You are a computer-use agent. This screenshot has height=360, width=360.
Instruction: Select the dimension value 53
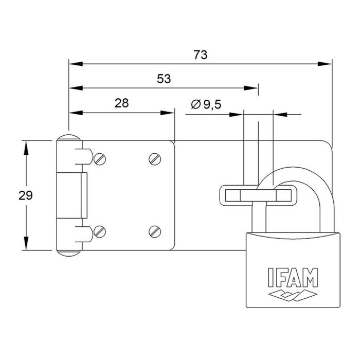164,79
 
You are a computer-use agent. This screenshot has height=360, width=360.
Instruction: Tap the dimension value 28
121,103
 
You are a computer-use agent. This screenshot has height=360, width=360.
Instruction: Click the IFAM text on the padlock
292,277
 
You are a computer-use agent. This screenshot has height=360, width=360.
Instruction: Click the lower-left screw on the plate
100,231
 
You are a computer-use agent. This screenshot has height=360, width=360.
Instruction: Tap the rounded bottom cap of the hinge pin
68,252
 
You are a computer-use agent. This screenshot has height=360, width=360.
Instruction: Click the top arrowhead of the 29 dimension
25,147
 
